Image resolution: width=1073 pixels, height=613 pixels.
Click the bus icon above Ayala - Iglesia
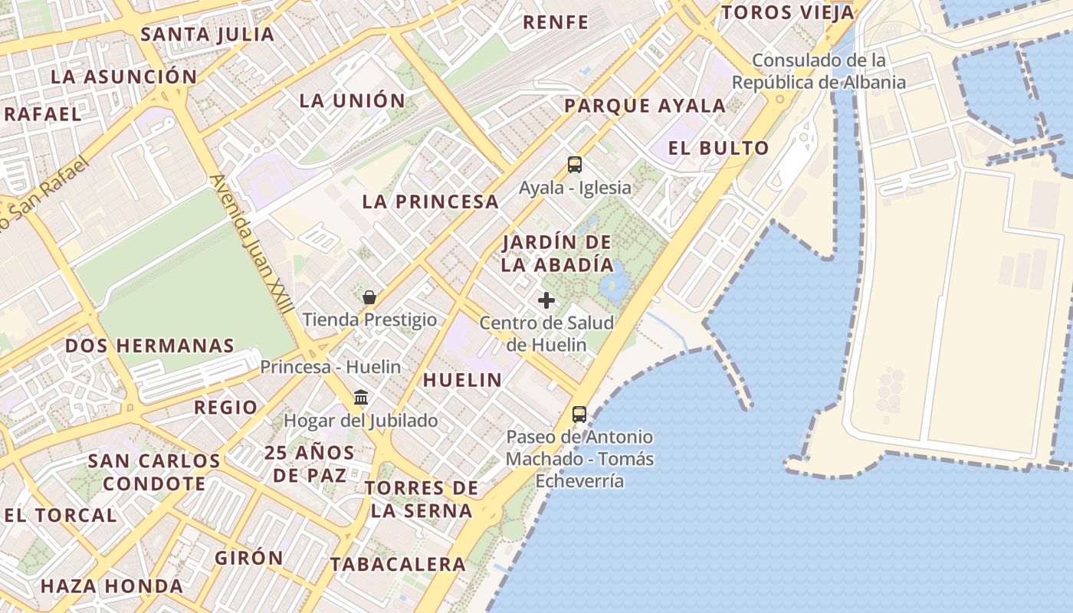574,164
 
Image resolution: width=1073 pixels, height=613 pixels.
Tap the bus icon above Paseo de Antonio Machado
579,415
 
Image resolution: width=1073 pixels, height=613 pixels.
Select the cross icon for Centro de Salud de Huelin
546,300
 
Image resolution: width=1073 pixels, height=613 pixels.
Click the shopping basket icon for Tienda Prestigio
369,297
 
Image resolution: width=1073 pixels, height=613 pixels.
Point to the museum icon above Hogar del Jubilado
361,398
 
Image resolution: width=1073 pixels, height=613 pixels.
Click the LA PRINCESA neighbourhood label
431,202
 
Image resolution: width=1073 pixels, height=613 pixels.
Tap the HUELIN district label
462,380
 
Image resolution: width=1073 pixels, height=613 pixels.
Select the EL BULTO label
718,149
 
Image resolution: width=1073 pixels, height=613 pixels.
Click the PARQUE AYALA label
645,106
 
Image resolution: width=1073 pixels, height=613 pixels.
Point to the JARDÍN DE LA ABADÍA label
558,254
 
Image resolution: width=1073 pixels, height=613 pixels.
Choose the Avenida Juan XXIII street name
252,243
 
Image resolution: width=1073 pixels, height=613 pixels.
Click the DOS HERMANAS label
149,346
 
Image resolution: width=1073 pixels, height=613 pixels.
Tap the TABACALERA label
398,565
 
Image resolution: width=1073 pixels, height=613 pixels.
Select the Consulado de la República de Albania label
819,71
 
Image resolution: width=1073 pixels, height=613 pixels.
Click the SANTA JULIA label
208,34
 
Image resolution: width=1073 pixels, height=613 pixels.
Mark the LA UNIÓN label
352,100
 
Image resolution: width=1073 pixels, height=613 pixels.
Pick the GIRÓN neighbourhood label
249,558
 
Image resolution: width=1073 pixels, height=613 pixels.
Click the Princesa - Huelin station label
330,367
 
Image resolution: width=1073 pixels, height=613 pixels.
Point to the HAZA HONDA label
112,586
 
